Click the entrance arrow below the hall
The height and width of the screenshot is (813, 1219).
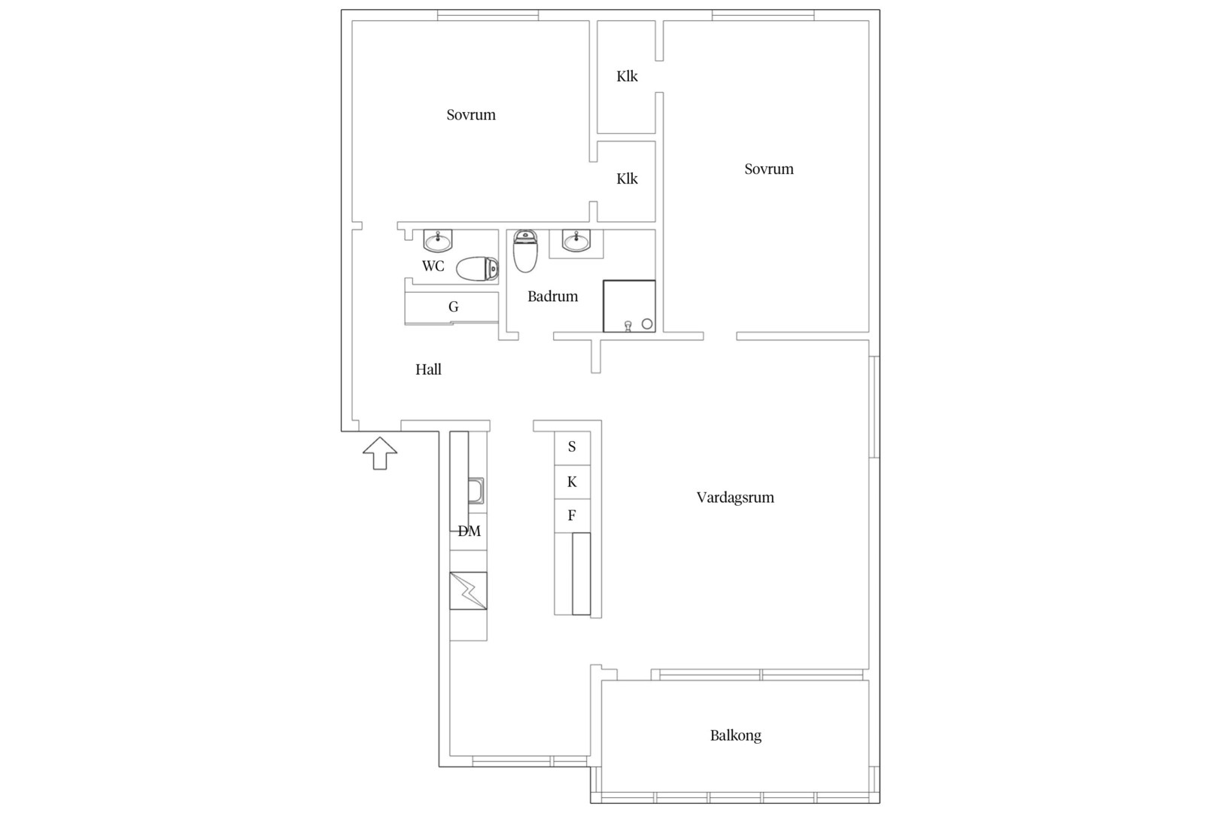(x=380, y=453)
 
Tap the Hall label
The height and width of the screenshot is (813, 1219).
(x=428, y=370)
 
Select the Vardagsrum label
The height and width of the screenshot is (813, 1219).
(x=735, y=498)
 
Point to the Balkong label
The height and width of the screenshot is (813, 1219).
(x=736, y=735)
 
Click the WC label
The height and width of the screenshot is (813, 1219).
(x=433, y=266)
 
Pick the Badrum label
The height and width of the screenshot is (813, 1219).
(x=553, y=297)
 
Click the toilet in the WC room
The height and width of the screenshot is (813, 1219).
(x=477, y=269)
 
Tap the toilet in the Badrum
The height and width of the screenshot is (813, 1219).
(x=525, y=251)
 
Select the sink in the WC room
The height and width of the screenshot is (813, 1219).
(x=438, y=241)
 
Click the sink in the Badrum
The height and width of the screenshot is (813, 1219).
(x=576, y=241)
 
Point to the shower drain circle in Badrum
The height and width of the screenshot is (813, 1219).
(x=647, y=324)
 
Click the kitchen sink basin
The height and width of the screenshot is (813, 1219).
(x=476, y=491)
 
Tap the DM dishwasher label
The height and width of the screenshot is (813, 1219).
(x=469, y=531)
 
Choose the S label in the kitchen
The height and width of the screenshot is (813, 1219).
(x=572, y=447)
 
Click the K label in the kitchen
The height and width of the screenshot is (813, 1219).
(x=572, y=482)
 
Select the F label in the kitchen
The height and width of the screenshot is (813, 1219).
(x=572, y=515)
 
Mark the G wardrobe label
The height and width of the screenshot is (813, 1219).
(x=453, y=307)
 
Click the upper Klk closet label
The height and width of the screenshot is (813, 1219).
(x=627, y=77)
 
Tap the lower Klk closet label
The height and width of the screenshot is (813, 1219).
(x=627, y=179)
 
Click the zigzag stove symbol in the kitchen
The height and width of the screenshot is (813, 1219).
(x=469, y=591)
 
